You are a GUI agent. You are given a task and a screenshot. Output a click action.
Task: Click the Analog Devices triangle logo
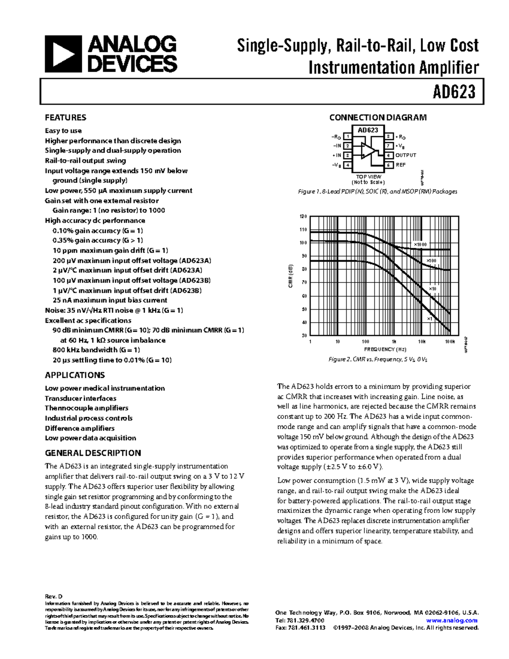click(x=63, y=54)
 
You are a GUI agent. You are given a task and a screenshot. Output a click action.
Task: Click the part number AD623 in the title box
click(x=454, y=91)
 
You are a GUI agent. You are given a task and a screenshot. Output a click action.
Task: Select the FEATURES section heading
click(x=65, y=118)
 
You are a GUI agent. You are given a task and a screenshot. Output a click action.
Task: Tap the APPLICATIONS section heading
click(x=75, y=375)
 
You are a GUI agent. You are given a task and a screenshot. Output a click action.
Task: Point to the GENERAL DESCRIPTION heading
click(x=93, y=453)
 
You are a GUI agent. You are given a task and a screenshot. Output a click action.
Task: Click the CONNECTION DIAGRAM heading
click(x=378, y=118)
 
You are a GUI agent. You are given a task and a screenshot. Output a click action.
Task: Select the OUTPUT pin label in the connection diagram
click(x=406, y=155)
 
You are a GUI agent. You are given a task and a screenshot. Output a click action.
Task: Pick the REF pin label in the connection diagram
click(x=401, y=165)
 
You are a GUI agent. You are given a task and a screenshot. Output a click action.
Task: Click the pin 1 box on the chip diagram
click(x=347, y=137)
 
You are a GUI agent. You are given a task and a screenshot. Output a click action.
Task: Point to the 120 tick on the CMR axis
click(x=303, y=216)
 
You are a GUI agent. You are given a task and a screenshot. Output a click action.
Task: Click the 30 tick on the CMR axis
click(x=304, y=336)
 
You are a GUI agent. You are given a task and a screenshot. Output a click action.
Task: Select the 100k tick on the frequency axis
click(x=450, y=342)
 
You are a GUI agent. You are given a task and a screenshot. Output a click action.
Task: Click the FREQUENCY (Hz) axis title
click(x=385, y=349)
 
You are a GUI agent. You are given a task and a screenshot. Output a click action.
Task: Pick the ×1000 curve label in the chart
click(x=420, y=245)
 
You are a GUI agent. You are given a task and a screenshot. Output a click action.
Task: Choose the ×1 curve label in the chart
click(x=430, y=319)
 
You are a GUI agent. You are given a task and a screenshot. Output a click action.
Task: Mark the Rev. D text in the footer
click(x=54, y=596)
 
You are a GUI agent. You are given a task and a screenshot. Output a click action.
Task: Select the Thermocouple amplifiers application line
click(x=87, y=408)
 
